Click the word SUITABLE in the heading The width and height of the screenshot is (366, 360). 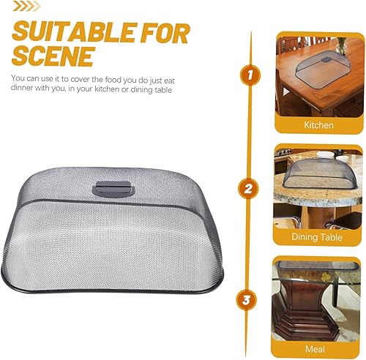[x=73, y=32]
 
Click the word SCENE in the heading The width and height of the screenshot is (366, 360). [x=53, y=56]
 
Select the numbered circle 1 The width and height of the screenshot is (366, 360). [x=250, y=75]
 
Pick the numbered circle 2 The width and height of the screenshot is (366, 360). [x=248, y=189]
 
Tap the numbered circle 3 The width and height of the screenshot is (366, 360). [x=246, y=300]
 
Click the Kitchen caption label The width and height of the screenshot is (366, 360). [x=318, y=125]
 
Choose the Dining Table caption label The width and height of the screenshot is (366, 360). [x=317, y=237]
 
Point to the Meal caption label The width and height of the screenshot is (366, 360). [x=315, y=349]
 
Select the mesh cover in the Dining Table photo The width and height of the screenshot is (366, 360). [x=321, y=173]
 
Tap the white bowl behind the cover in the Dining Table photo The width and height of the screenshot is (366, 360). [x=325, y=154]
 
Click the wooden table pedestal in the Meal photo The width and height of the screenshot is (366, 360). [x=306, y=310]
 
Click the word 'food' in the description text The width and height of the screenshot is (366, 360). [x=113, y=80]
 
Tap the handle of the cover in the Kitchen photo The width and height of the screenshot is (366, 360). [x=326, y=59]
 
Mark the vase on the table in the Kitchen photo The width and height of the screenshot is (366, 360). [x=341, y=45]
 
